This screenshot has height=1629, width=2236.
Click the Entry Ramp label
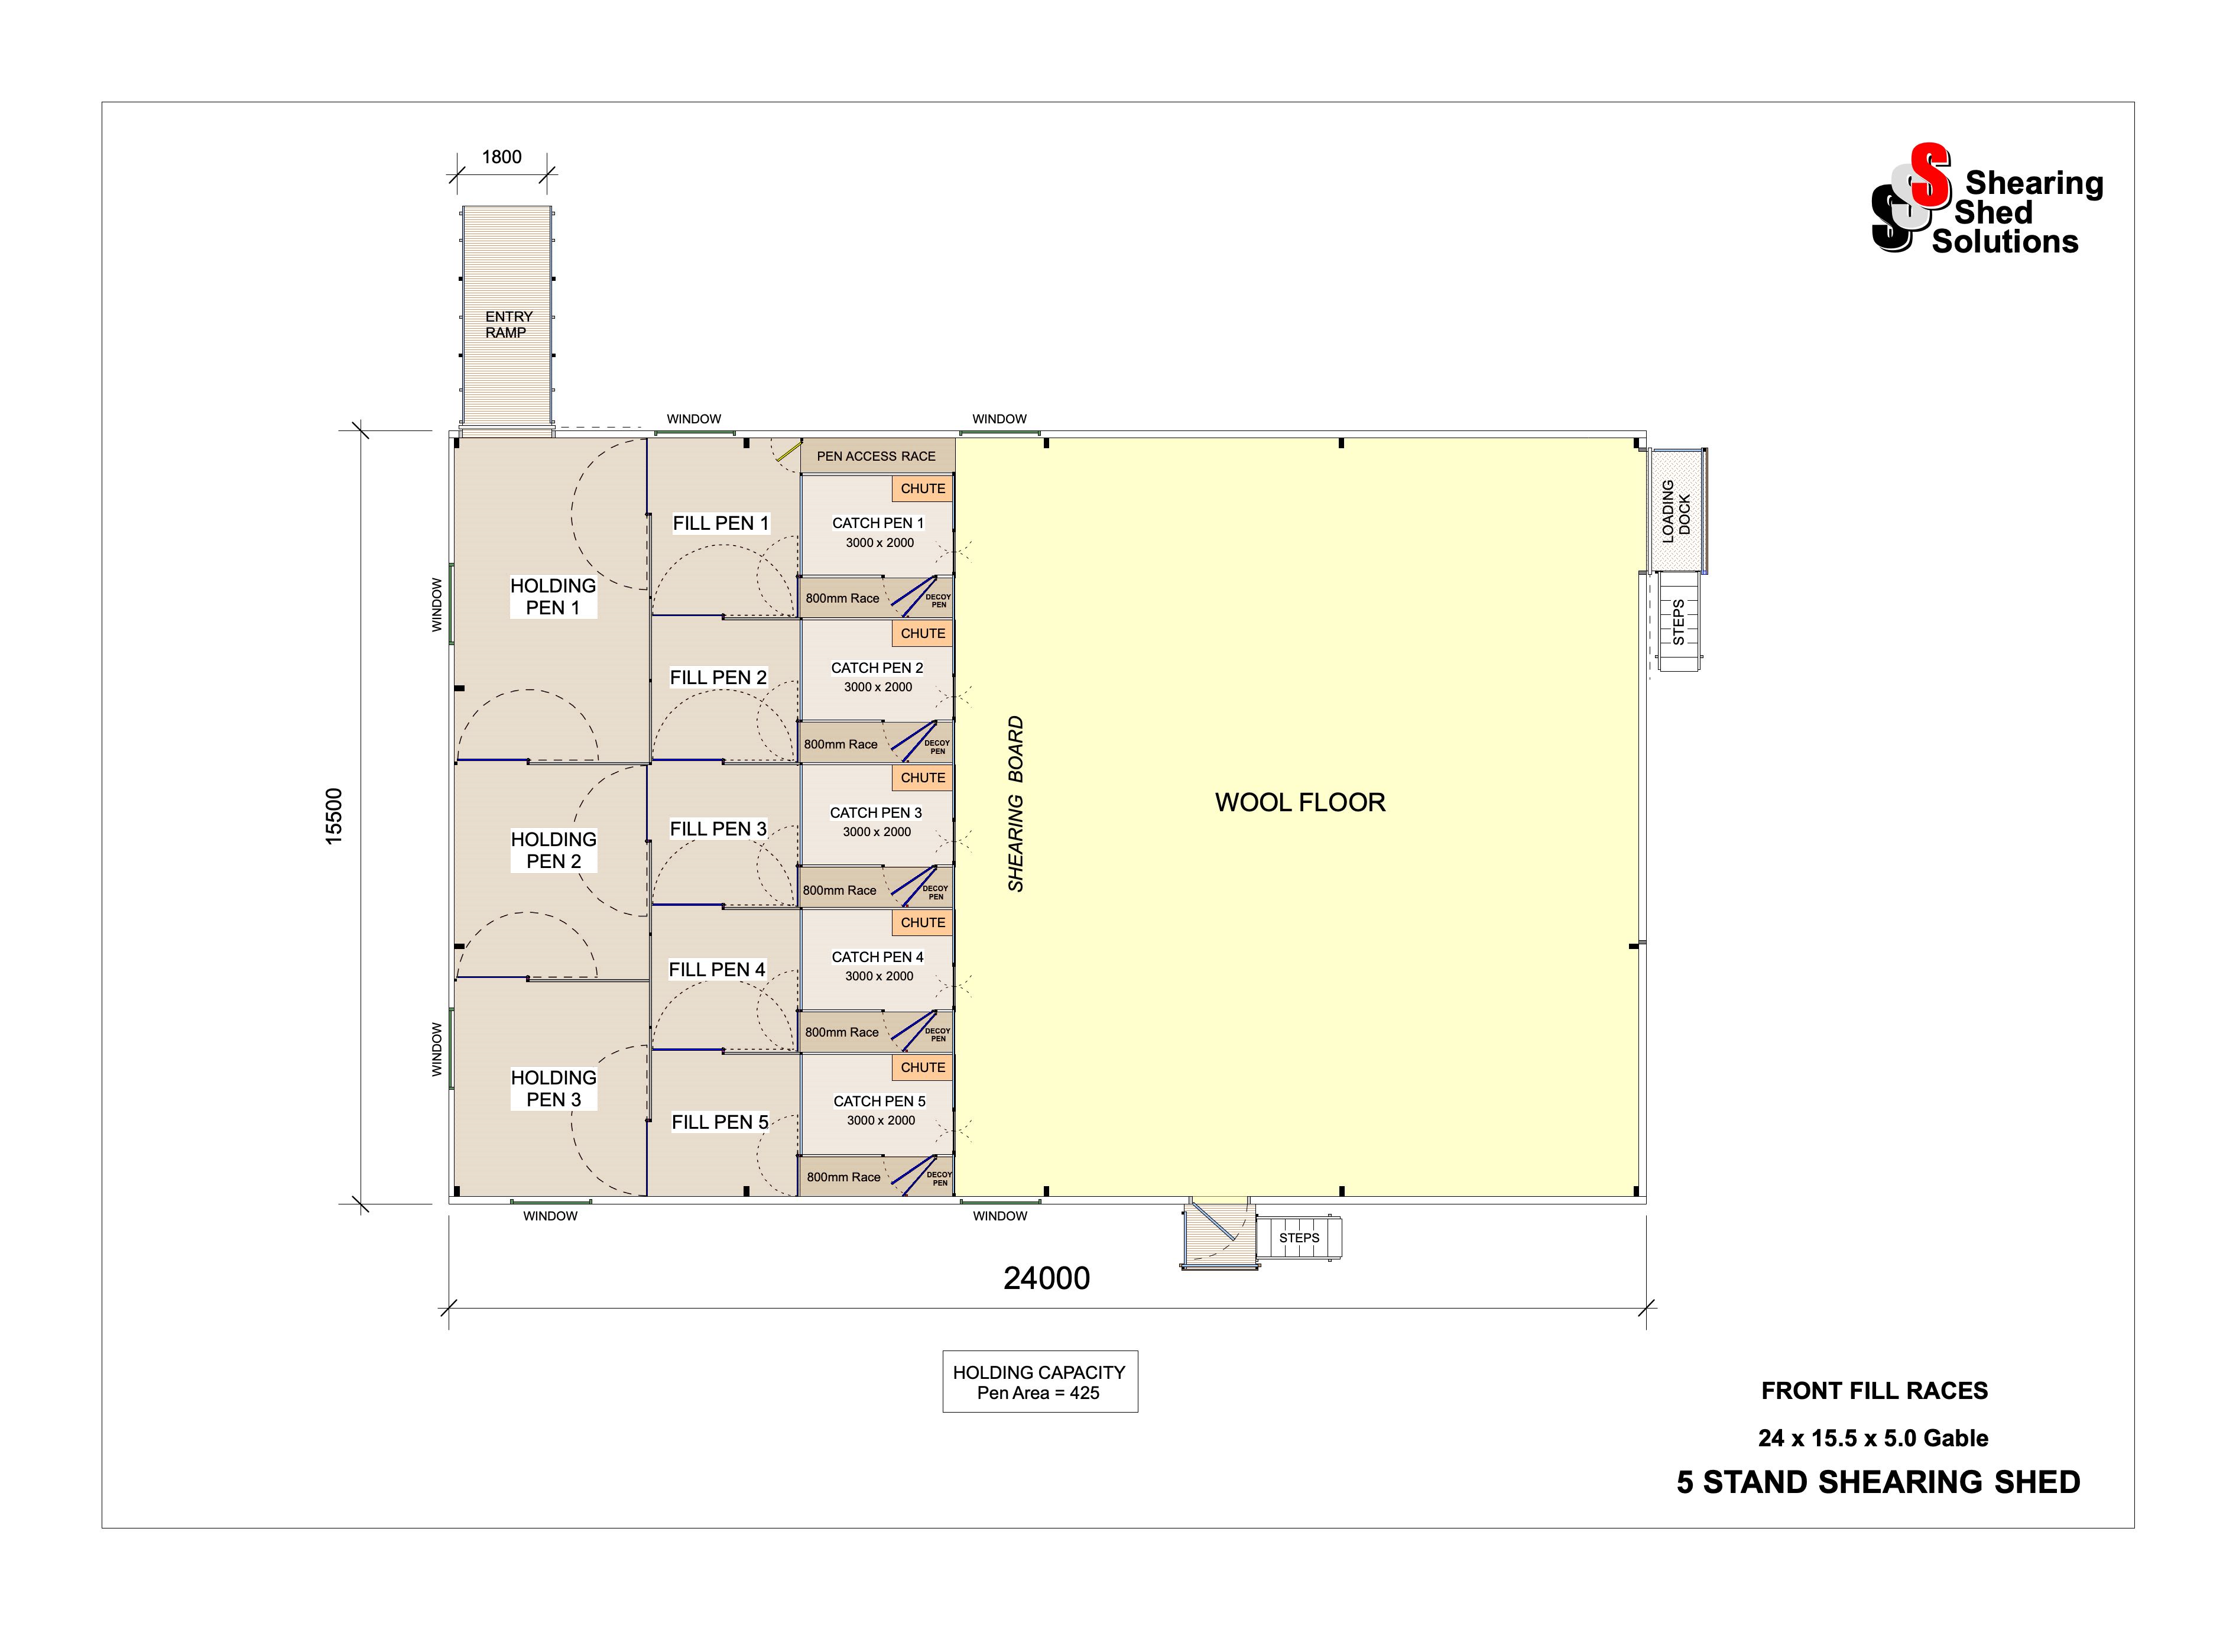pos(508,325)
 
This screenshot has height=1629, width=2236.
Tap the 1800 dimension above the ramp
pos(502,157)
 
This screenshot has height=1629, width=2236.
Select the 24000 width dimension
pos(1046,1278)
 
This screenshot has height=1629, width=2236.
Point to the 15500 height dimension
pos(334,815)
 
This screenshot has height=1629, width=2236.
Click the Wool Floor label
pos(1299,802)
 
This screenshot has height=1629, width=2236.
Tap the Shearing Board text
pos(1015,804)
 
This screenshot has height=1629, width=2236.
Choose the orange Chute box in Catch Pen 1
pos(923,488)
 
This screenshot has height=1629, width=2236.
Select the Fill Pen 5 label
pos(720,1122)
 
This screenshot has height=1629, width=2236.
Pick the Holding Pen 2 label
pos(553,850)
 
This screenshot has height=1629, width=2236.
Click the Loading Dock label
pos(1676,512)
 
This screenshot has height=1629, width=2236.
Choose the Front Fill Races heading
pos(1874,1390)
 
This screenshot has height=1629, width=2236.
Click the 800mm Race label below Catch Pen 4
pos(841,1032)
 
